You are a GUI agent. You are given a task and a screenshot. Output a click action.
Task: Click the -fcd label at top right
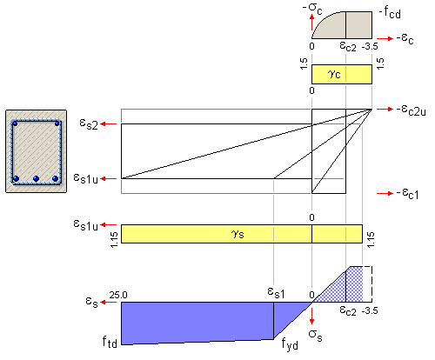click(x=390, y=13)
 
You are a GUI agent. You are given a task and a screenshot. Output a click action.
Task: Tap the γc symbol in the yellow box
click(x=334, y=74)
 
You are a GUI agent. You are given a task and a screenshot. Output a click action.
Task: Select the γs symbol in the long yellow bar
click(x=238, y=234)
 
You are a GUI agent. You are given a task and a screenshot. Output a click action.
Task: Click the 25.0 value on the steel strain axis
click(x=118, y=295)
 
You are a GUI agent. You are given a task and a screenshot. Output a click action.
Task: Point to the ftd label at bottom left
click(x=110, y=342)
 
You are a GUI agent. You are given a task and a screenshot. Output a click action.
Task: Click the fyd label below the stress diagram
click(x=290, y=344)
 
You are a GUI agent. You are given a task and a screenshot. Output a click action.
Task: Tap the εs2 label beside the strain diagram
click(x=89, y=123)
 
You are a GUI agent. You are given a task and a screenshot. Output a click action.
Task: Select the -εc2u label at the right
click(x=412, y=110)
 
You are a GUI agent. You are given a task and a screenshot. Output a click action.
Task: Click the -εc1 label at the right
click(x=408, y=194)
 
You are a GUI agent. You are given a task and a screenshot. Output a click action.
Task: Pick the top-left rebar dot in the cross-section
click(x=15, y=123)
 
